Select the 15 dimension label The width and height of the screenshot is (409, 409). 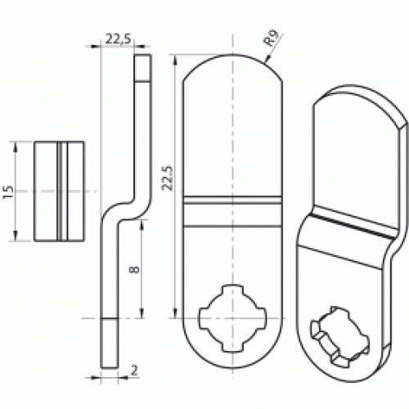pyautogui.click(x=8, y=191)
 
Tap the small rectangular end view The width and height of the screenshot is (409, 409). pyautogui.click(x=60, y=191)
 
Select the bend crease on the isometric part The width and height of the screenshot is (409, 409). pyautogui.click(x=344, y=225)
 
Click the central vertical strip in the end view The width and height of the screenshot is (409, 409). pyautogui.click(x=61, y=191)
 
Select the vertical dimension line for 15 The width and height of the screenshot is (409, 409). pyautogui.click(x=16, y=191)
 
